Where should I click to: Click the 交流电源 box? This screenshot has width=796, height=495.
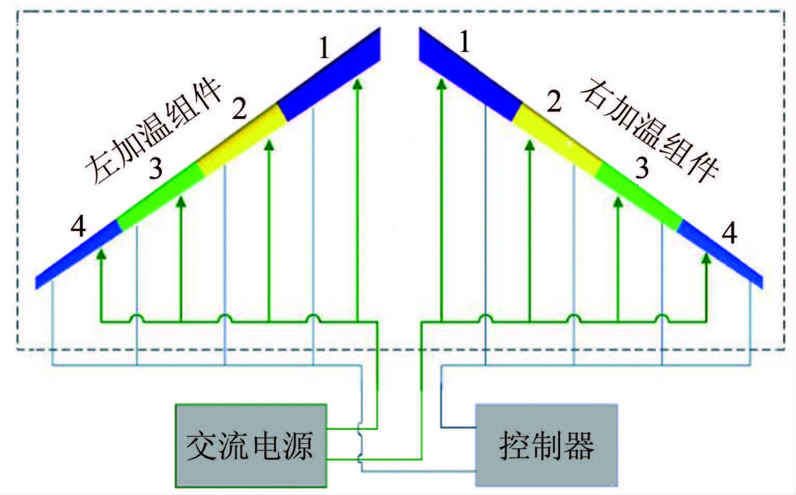coord(251,445)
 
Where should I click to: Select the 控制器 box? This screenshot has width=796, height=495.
coord(547,445)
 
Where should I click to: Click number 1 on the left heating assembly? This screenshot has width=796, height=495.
coord(324,49)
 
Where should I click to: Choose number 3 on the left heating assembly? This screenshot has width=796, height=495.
coord(156,168)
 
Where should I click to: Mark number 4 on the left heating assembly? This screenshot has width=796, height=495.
coord(79,227)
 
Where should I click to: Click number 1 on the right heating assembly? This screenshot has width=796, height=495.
coord(465,42)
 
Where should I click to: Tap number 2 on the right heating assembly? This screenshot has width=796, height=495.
coord(554,102)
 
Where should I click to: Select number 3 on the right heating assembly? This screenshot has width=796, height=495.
coord(642,168)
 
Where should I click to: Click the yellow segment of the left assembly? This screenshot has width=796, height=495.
coord(242,140)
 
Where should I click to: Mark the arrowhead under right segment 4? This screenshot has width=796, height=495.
coord(706,257)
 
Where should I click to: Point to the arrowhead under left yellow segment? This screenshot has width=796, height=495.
coord(269,145)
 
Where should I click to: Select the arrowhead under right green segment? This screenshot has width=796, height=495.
coord(618,203)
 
